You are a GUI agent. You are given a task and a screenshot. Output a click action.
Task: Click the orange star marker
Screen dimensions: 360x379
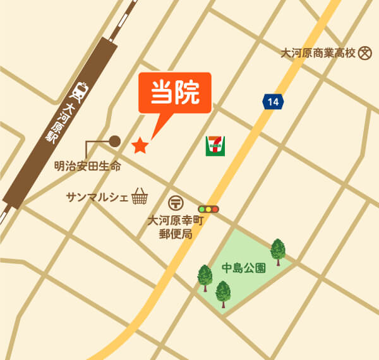pos(140,146)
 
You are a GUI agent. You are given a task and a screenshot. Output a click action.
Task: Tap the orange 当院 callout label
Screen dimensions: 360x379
pos(175,94)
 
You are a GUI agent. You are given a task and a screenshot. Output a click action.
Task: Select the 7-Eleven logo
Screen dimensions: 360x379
pos(215,146)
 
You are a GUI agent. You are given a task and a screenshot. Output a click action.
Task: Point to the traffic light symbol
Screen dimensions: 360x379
pos(208,208)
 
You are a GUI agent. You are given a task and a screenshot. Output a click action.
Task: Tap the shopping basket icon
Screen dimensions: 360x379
pos(139,197)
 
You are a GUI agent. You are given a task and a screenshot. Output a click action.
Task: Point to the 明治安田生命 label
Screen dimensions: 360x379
pos(87,167)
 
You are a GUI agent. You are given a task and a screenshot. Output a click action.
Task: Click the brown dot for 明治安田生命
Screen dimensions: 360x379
pos(115,141)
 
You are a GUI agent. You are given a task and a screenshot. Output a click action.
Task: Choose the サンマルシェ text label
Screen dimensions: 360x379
pos(97,198)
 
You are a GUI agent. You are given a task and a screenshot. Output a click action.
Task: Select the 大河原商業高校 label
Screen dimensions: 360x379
pos(318,54)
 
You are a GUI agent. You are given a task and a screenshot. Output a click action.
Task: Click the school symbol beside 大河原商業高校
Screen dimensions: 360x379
pos(364,54)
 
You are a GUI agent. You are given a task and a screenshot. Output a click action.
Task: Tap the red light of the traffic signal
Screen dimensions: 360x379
pos(215,208)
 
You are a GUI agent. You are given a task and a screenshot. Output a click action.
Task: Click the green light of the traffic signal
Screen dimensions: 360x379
pos(202,208)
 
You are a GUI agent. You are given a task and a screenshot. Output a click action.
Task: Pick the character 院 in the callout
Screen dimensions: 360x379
pos(188,93)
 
